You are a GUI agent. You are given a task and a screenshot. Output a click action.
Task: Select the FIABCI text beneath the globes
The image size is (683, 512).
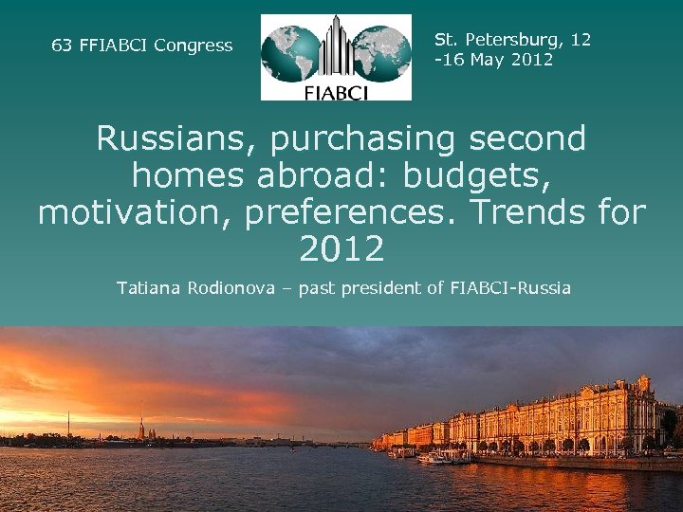336,91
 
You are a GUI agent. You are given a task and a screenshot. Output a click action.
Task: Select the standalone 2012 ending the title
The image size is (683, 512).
341,248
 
